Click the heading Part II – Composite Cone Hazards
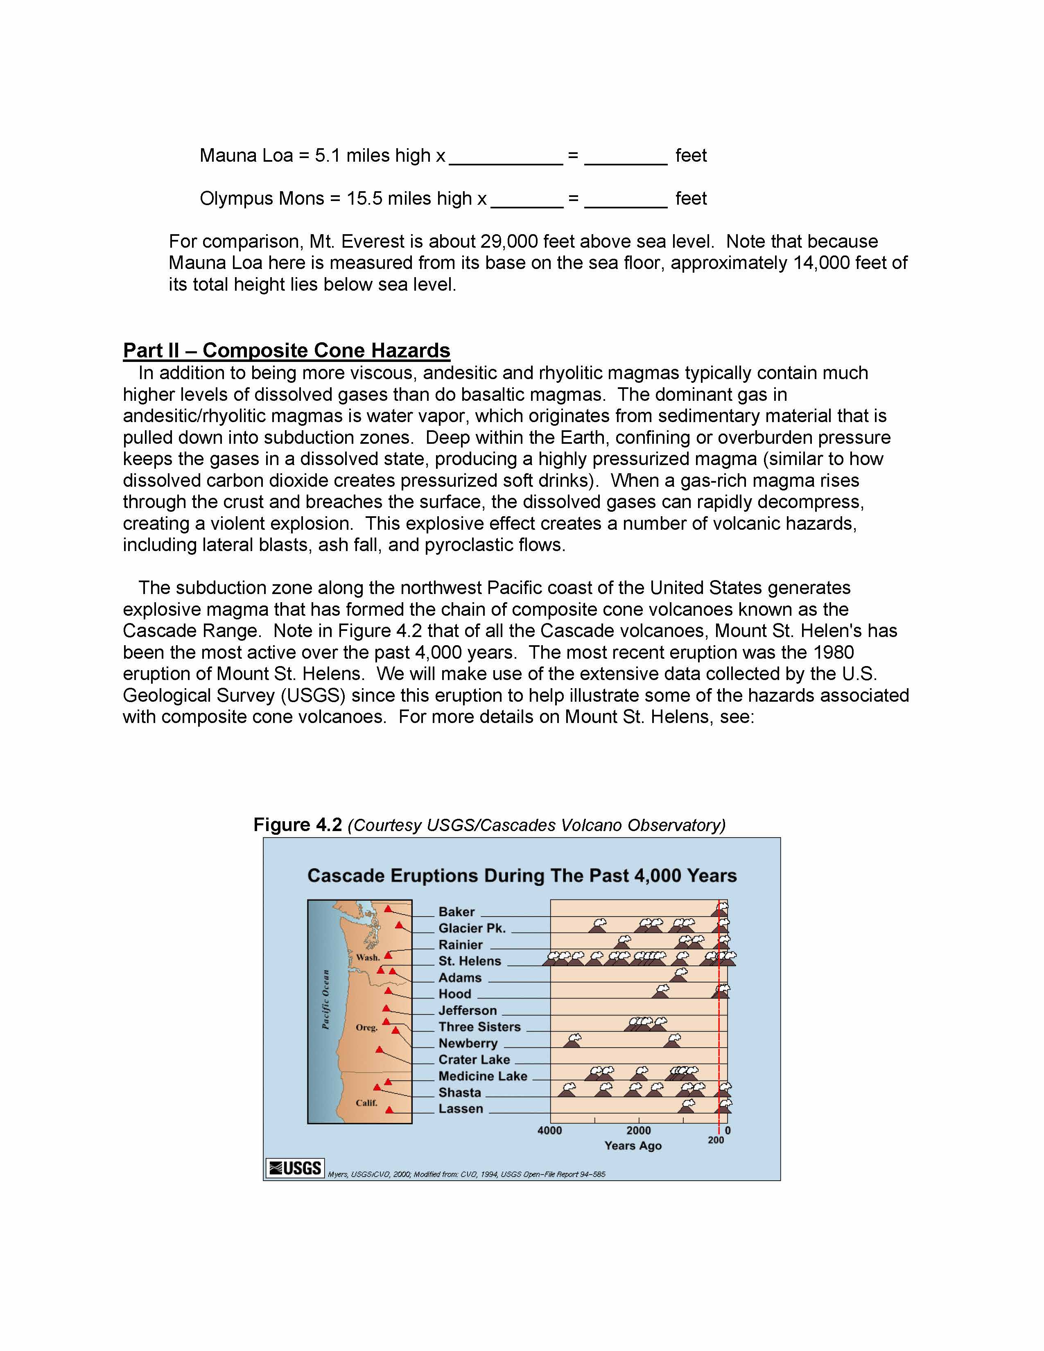click(286, 351)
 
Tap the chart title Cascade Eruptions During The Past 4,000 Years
click(522, 876)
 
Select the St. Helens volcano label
click(470, 961)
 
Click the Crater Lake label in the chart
click(474, 1060)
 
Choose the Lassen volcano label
click(460, 1109)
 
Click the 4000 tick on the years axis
click(550, 1131)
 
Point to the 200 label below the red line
click(716, 1140)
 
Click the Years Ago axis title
click(633, 1145)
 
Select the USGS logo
click(295, 1168)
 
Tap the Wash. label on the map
click(367, 958)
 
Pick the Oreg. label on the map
click(366, 1028)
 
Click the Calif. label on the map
click(366, 1103)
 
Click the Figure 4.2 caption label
click(298, 825)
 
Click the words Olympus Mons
click(262, 199)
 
